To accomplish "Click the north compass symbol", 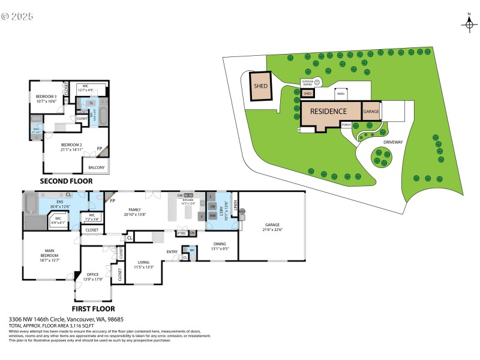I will click(469, 23).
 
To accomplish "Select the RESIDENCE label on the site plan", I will click(328, 112).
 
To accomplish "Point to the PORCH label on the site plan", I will click(346, 125).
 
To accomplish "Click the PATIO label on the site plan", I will click(340, 94).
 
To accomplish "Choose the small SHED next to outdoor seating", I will click(307, 94).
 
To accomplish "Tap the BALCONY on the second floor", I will click(97, 167).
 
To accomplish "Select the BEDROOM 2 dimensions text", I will click(71, 149).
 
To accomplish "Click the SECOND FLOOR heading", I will click(66, 181).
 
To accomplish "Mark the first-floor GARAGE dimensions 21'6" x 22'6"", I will click(273, 229).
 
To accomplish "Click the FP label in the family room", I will click(112, 200).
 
